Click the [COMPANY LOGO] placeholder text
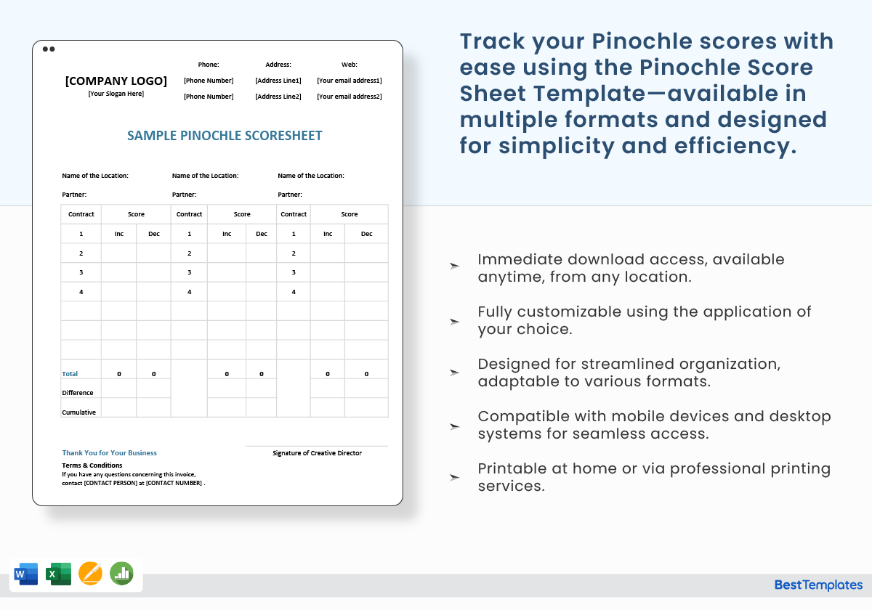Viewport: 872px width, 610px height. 116,81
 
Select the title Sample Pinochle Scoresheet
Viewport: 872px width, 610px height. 225,136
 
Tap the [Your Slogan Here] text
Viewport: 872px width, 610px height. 116,94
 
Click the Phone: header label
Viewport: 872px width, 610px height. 209,65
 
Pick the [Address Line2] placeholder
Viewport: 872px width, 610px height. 278,97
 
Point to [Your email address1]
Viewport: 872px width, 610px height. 350,81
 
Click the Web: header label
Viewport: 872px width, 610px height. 350,65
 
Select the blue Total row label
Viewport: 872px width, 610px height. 70,374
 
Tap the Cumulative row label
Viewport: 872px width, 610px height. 78,412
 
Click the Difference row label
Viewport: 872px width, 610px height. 78,393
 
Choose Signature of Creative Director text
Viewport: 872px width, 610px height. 317,453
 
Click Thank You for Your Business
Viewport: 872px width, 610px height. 109,453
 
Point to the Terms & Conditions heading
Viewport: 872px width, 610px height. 92,465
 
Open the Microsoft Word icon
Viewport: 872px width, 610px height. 25,574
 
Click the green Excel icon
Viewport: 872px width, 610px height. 57,574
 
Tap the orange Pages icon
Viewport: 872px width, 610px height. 90,574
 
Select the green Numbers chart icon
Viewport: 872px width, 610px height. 122,574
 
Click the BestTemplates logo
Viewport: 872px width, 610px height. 818,585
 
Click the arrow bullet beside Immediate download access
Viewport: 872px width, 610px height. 454,267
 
